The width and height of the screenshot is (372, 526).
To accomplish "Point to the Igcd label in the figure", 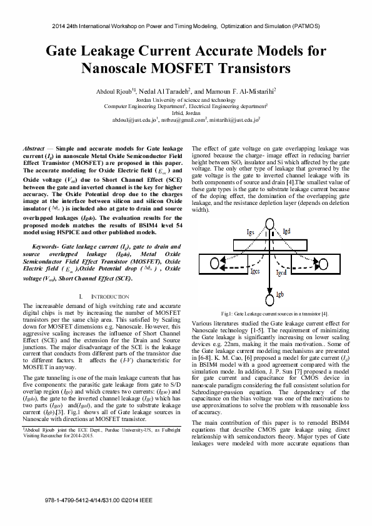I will [281, 272].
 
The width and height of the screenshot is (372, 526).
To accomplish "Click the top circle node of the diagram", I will [270, 226].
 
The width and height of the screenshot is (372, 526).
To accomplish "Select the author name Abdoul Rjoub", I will [114, 91].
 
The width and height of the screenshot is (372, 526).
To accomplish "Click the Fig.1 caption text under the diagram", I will [270, 312].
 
